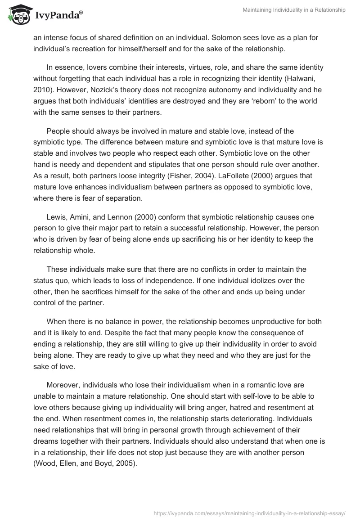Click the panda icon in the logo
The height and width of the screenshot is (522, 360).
pyautogui.click(x=18, y=15)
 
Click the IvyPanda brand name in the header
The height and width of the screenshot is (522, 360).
pyautogui.click(x=58, y=16)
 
